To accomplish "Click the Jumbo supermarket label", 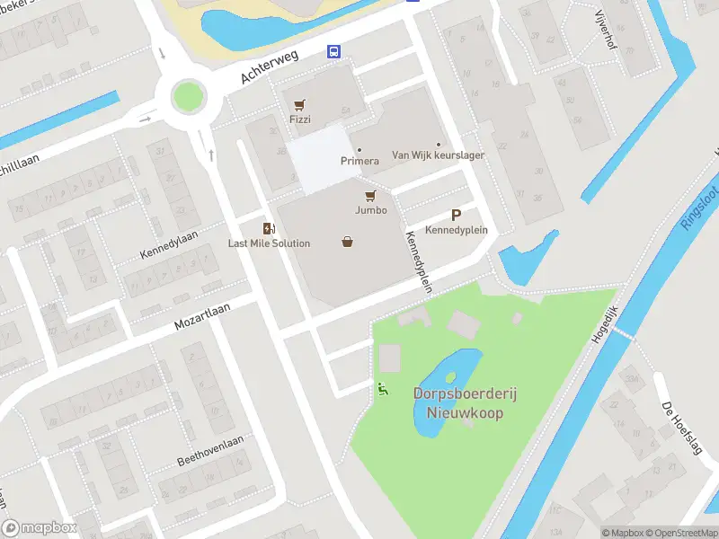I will (x=370, y=210).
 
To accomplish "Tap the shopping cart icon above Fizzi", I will (x=299, y=105).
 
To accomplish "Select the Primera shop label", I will (x=359, y=162).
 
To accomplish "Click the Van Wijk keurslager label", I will (x=438, y=155).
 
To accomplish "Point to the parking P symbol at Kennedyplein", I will (x=457, y=215).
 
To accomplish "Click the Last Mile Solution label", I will (x=269, y=243).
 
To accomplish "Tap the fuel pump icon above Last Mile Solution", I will (x=267, y=228).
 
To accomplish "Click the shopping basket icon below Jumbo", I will (x=348, y=241).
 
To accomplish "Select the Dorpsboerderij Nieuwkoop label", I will (x=458, y=403).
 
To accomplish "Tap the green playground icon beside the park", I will (x=383, y=389).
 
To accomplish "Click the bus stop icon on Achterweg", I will (x=333, y=51).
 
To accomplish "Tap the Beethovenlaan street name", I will (x=206, y=452).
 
